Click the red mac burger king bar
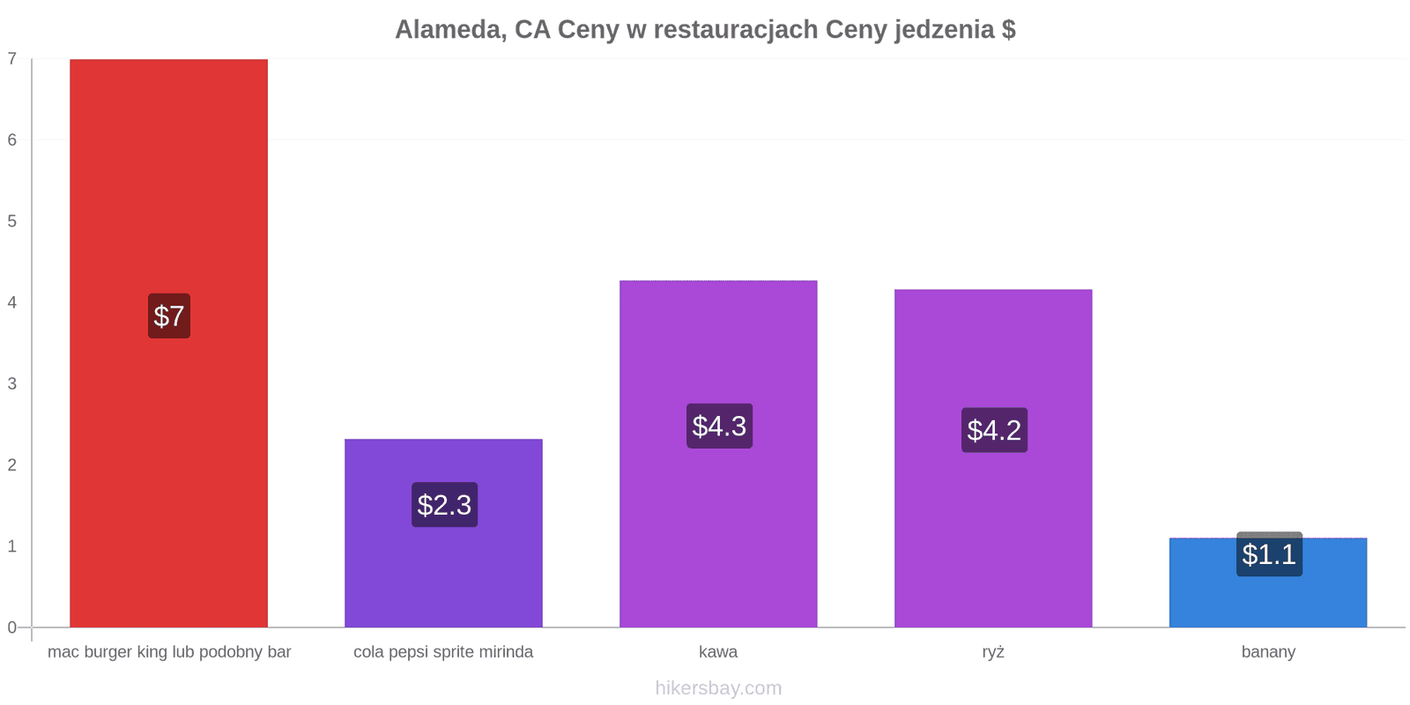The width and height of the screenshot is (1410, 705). (x=168, y=343)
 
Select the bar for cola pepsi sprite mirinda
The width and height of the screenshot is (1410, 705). (x=444, y=533)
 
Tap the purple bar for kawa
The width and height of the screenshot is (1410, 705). (x=718, y=454)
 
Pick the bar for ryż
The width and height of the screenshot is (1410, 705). (x=993, y=458)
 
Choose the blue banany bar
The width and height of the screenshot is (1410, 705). (x=1268, y=583)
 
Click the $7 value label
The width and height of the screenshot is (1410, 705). (x=169, y=316)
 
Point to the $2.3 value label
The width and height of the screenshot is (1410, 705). (x=444, y=505)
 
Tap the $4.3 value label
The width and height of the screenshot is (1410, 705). (x=719, y=427)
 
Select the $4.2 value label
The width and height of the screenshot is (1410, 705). (x=995, y=430)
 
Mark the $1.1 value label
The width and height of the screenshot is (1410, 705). (x=1269, y=554)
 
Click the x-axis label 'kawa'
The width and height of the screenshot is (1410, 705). (x=718, y=651)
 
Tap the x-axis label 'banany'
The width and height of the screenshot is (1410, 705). (x=1268, y=652)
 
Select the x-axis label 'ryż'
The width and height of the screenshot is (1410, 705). (x=993, y=652)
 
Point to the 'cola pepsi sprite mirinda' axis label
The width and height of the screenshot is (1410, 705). (x=443, y=652)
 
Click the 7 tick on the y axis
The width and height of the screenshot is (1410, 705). (x=12, y=58)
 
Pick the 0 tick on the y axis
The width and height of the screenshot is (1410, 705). (x=12, y=627)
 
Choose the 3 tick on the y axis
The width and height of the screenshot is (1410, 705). (x=12, y=383)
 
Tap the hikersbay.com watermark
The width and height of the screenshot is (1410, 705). (x=718, y=687)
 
